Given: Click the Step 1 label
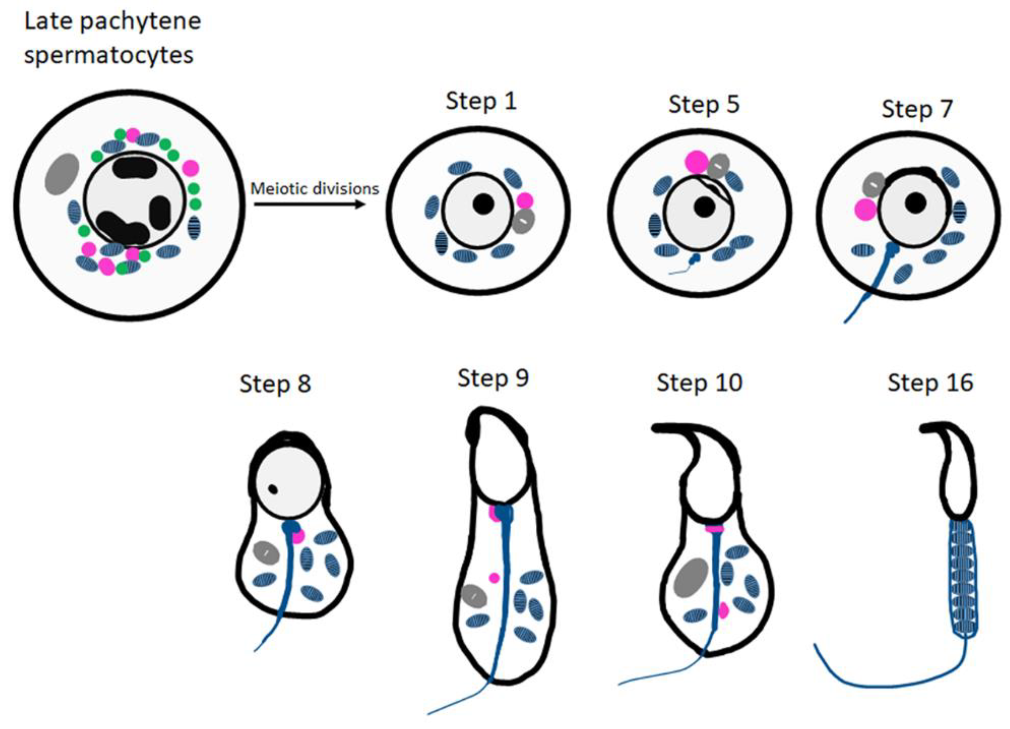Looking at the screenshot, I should (x=481, y=101).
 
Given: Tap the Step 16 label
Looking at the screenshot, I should (x=930, y=383).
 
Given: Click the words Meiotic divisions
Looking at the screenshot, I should (x=314, y=188).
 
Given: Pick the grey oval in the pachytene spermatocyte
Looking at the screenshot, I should (x=62, y=174).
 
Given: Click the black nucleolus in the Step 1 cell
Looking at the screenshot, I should (x=483, y=204).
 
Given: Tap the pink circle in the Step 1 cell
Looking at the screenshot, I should (x=525, y=201).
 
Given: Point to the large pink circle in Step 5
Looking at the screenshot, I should (x=696, y=162).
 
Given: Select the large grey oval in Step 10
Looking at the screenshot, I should (x=691, y=578).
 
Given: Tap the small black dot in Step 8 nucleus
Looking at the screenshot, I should (x=273, y=489).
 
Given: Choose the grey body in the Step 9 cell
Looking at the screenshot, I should (x=474, y=596).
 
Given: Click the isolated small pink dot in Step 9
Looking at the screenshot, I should (x=494, y=578).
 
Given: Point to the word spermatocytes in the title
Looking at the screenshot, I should (x=109, y=55).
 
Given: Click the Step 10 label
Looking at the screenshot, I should (x=699, y=383).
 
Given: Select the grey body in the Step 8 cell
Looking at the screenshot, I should (x=266, y=553).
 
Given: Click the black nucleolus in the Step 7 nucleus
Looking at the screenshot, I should (x=916, y=203).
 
